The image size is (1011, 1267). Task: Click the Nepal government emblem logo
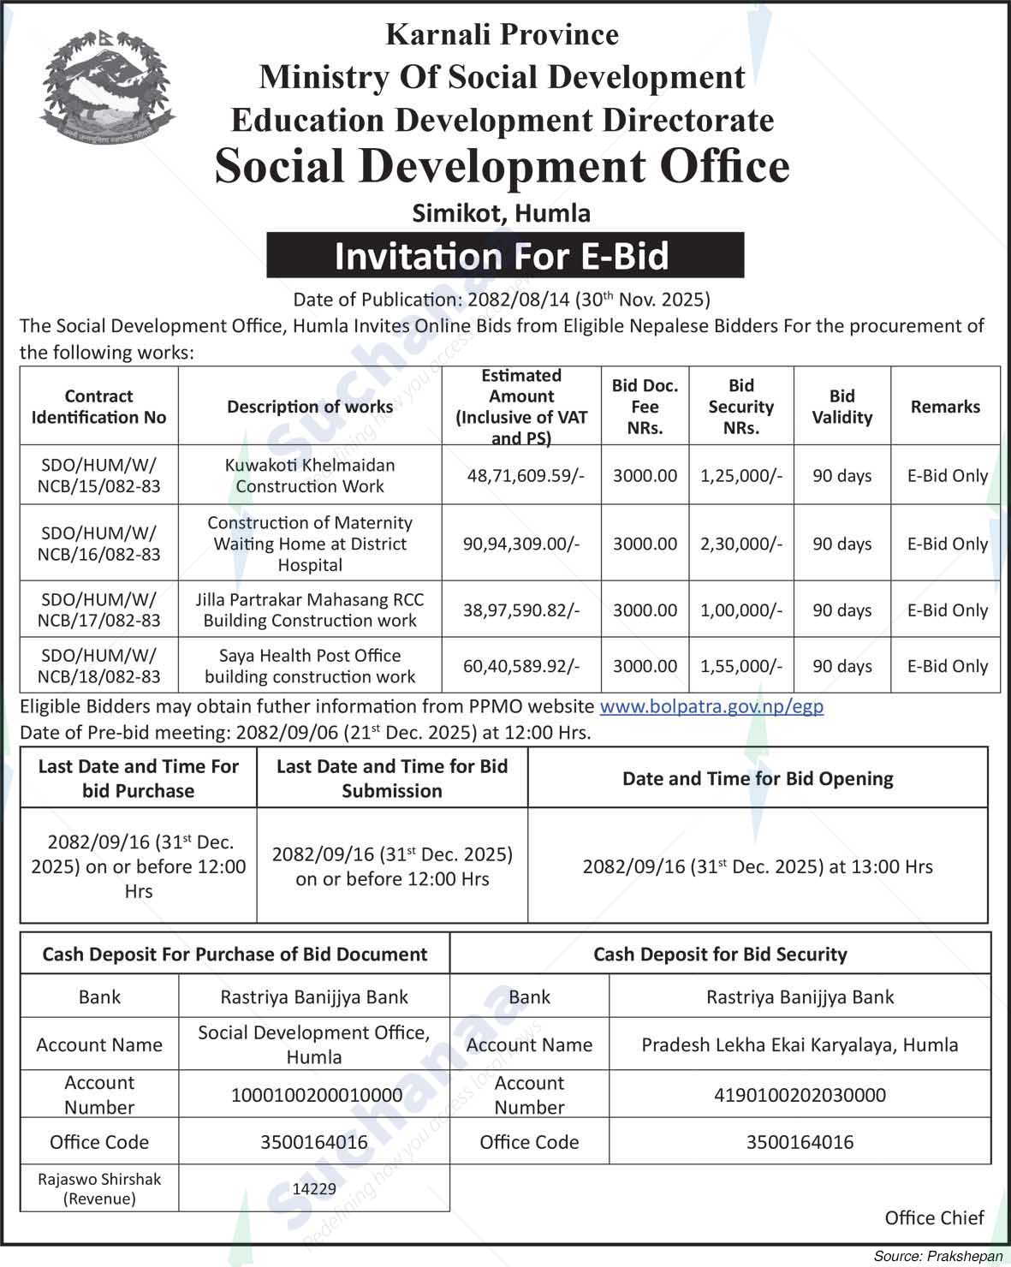(106, 86)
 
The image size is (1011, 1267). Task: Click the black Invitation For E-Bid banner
(504, 255)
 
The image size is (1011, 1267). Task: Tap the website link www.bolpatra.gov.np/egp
(711, 706)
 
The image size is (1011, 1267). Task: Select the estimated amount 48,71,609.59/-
(525, 476)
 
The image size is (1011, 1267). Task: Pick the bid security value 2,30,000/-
(740, 544)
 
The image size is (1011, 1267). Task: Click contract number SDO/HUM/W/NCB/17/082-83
(98, 610)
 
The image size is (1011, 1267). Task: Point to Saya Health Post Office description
(310, 666)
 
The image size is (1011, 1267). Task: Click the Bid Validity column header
(842, 407)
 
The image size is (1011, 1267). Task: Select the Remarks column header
(945, 407)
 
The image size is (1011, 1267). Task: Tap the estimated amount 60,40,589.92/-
(521, 666)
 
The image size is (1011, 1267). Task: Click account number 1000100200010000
(316, 1095)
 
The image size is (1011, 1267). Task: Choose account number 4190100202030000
(800, 1095)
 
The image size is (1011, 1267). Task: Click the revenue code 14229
(314, 1188)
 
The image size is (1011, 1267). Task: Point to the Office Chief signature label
(934, 1217)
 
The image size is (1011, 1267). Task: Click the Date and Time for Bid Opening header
(757, 778)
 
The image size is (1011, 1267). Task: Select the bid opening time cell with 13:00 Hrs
(757, 866)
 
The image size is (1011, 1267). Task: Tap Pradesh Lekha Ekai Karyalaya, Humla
(800, 1044)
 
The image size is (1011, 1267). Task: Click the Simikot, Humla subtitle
(501, 212)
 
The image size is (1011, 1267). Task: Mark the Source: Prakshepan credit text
(937, 1256)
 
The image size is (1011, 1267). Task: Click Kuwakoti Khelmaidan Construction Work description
(310, 476)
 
